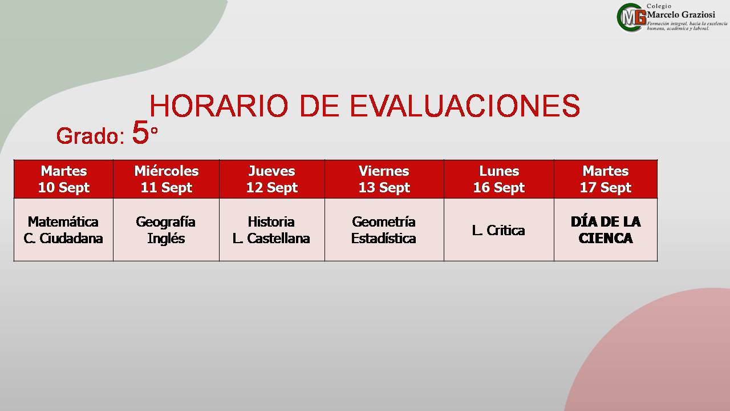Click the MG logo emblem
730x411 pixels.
[x=631, y=17]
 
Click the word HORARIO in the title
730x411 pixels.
[x=218, y=106]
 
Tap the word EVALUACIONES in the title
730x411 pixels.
[x=465, y=106]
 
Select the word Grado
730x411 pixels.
[x=87, y=136]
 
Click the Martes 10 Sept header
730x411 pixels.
[x=64, y=179]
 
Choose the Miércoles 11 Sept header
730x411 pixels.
[x=166, y=179]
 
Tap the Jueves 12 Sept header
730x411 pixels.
[x=272, y=179]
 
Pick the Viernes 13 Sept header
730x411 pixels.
[x=384, y=179]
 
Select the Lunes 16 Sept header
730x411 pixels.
[x=499, y=179]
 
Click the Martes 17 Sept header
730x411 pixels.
[x=606, y=179]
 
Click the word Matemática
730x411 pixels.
[x=63, y=222]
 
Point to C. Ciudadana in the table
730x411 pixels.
[x=63, y=239]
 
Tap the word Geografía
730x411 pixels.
[x=165, y=223]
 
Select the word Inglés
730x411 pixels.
[x=166, y=239]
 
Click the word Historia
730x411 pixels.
[x=271, y=222]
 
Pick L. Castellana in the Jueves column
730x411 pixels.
[x=271, y=239]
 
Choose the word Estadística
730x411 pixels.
[x=384, y=239]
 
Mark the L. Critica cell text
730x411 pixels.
[x=498, y=231]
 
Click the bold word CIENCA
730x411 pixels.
[x=606, y=239]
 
